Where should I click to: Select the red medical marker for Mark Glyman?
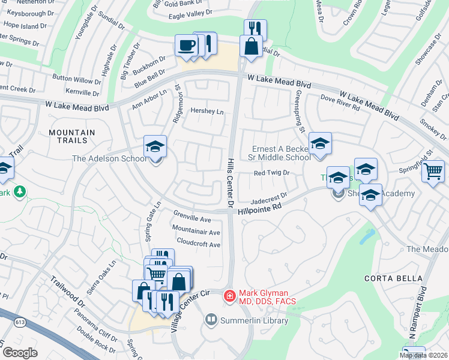(x=229, y=296)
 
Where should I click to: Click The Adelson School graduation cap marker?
(x=154, y=147)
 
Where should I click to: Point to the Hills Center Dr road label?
(x=229, y=179)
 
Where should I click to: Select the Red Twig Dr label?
(x=272, y=173)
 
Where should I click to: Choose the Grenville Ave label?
(x=192, y=219)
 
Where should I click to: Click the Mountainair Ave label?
(x=196, y=232)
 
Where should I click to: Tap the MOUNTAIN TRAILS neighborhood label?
(x=72, y=136)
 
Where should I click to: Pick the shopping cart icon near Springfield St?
(x=433, y=171)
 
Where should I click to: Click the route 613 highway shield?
(x=21, y=323)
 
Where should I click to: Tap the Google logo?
(x=20, y=353)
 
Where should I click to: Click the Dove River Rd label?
(x=340, y=103)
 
